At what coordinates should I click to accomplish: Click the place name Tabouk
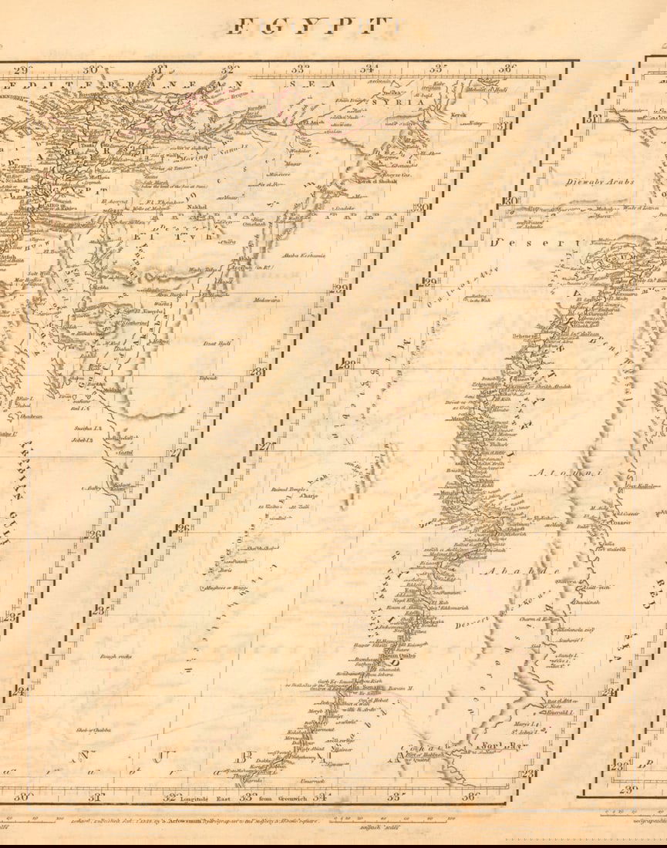[208, 378]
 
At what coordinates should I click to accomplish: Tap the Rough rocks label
[116, 656]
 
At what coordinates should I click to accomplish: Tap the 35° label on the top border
[437, 69]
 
